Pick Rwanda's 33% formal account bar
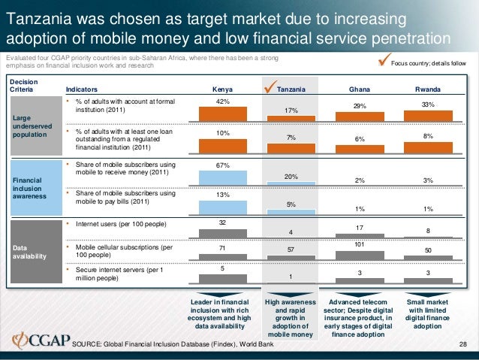click(x=427, y=115)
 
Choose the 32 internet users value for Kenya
click(x=222, y=222)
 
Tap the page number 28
click(x=462, y=344)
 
